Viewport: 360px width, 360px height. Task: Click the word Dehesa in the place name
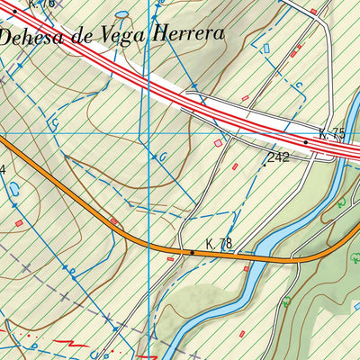tap(32, 38)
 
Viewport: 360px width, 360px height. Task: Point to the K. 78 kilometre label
tap(219, 244)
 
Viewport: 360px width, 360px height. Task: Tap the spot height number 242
tap(279, 157)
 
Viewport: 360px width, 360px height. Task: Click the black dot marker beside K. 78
tap(192, 253)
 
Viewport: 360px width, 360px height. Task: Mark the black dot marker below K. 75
tap(306, 142)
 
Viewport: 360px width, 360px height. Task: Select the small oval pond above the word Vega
tap(121, 15)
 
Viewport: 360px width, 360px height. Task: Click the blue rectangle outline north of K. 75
tap(265, 48)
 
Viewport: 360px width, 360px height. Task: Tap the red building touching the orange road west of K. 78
tap(113, 220)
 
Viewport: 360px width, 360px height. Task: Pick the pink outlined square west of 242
tap(216, 142)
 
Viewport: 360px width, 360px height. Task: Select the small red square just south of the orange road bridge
tap(246, 268)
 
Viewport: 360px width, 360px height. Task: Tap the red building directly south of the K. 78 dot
tap(170, 258)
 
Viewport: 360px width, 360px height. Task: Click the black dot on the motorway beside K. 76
tap(15, 11)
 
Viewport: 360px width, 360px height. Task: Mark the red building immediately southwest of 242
tap(235, 166)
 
